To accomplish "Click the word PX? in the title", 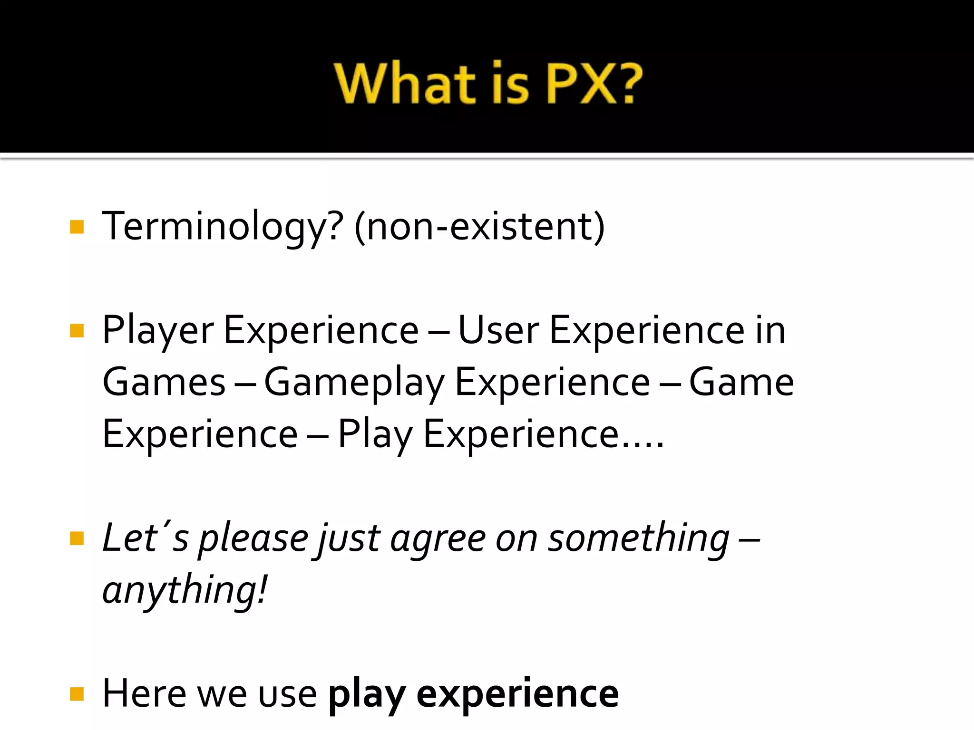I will pyautogui.click(x=594, y=84).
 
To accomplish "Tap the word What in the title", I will pyautogui.click(x=405, y=84).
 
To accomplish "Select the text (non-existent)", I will pyautogui.click(x=479, y=227).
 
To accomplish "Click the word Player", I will pyautogui.click(x=158, y=331).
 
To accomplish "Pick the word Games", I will pyautogui.click(x=164, y=383).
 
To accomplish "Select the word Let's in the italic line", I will pyautogui.click(x=145, y=538).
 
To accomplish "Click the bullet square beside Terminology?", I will pyautogui.click(x=77, y=227).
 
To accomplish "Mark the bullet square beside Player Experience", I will pyautogui.click(x=77, y=330).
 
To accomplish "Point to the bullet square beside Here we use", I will pyautogui.click(x=77, y=694).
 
